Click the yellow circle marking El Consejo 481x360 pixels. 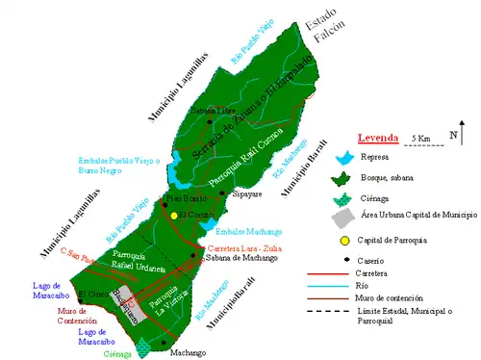coord(175,216)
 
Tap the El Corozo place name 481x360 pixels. coord(94,293)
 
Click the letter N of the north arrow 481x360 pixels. coord(453,137)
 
